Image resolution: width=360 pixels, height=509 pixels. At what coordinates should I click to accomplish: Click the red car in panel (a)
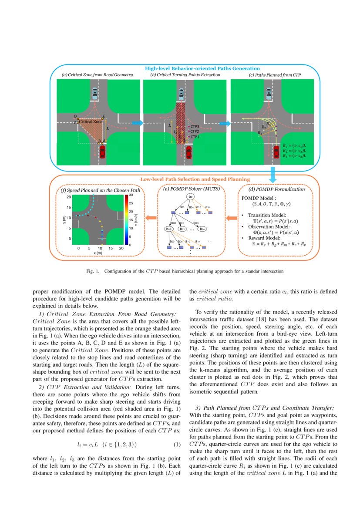click(x=102, y=152)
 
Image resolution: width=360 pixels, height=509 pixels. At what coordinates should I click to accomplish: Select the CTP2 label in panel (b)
click(x=194, y=131)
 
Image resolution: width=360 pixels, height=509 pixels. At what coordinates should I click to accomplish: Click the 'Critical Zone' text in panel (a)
click(x=91, y=122)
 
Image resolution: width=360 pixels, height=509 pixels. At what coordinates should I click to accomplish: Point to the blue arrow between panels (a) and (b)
click(x=137, y=123)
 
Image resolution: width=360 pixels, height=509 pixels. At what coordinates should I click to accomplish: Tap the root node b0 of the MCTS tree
click(x=190, y=197)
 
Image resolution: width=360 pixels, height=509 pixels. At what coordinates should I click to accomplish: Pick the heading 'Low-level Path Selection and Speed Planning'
click(x=195, y=179)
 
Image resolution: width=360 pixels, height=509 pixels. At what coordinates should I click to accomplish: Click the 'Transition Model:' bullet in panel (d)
click(x=267, y=215)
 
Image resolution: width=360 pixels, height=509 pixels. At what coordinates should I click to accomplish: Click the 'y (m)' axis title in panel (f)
click(x=64, y=218)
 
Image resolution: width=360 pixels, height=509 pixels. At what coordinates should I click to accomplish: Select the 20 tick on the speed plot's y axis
click(x=68, y=197)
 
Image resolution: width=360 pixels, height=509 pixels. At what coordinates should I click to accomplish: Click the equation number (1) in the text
click(x=177, y=445)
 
